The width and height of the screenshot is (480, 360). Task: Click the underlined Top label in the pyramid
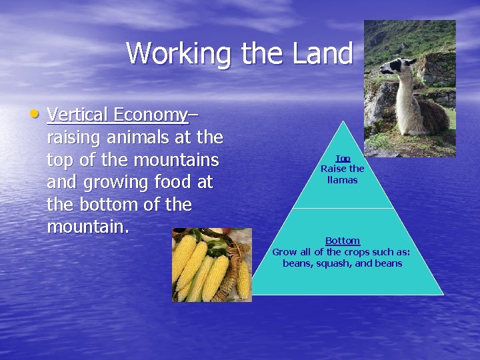tap(343, 159)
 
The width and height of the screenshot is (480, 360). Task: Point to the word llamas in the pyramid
tap(343, 180)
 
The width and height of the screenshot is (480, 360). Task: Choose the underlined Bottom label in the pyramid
tap(343, 241)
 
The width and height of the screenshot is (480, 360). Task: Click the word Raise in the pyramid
tap(333, 169)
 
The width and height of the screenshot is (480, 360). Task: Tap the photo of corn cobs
tap(211, 265)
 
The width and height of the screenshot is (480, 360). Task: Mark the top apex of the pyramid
tap(343, 121)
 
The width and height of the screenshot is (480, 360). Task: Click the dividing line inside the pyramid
tap(343, 209)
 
